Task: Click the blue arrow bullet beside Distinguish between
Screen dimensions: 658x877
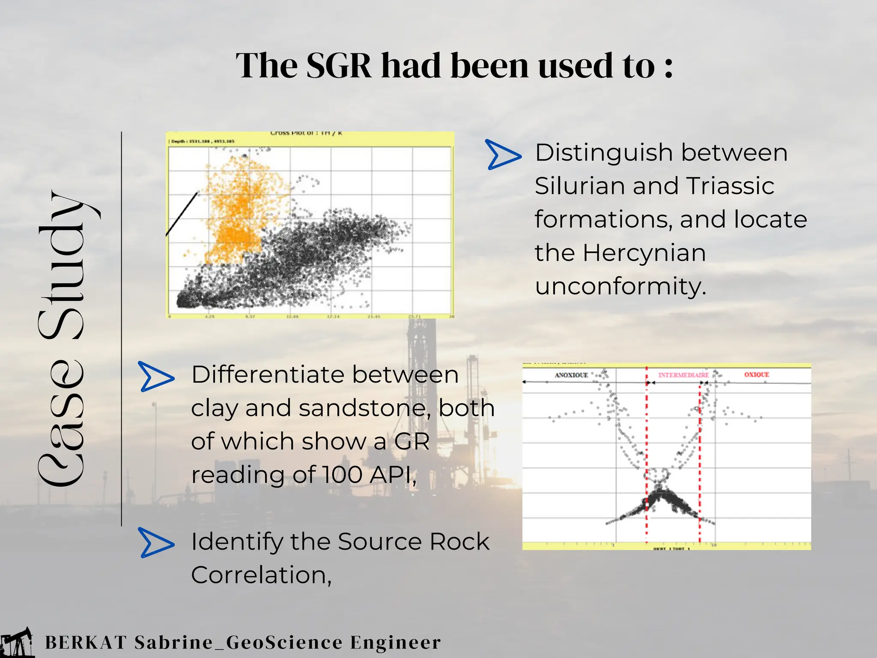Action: pyautogui.click(x=503, y=154)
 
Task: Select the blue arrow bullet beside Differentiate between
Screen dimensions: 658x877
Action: pyautogui.click(x=156, y=377)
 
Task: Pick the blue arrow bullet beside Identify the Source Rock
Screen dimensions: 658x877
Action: pyautogui.click(x=156, y=543)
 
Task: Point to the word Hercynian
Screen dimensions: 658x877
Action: pyautogui.click(x=644, y=253)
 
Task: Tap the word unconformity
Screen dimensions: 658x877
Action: pyautogui.click(x=620, y=286)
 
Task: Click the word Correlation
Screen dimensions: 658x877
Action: pyautogui.click(x=261, y=575)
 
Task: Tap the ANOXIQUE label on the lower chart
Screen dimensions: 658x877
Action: pyautogui.click(x=571, y=375)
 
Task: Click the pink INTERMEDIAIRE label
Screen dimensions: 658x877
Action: pyautogui.click(x=683, y=375)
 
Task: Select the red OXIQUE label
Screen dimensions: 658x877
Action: pyautogui.click(x=757, y=374)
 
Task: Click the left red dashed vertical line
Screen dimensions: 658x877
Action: pyautogui.click(x=647, y=450)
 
